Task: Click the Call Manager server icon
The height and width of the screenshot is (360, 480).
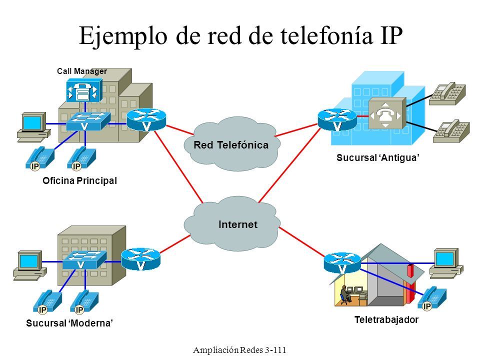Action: (x=84, y=90)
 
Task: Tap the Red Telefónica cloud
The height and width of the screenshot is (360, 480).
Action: (x=231, y=144)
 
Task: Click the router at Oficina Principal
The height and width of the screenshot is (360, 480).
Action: (x=146, y=119)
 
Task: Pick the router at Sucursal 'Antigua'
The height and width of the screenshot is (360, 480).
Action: (x=337, y=120)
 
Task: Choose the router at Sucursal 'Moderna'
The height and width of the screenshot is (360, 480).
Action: (x=141, y=259)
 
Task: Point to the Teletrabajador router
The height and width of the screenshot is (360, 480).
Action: (x=342, y=262)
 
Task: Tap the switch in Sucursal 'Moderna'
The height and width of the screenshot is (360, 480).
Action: (x=84, y=260)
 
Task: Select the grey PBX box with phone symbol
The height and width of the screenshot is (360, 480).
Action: (x=387, y=113)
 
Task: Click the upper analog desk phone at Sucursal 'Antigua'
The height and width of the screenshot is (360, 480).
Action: (x=447, y=93)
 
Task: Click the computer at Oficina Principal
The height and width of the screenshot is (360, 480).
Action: (x=33, y=127)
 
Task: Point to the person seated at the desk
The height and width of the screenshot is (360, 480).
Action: (x=344, y=295)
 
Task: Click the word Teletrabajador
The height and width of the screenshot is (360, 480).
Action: (x=386, y=319)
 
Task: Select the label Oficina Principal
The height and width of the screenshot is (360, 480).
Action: (x=79, y=180)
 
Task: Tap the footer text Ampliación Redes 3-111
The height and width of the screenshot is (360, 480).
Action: (x=239, y=349)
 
